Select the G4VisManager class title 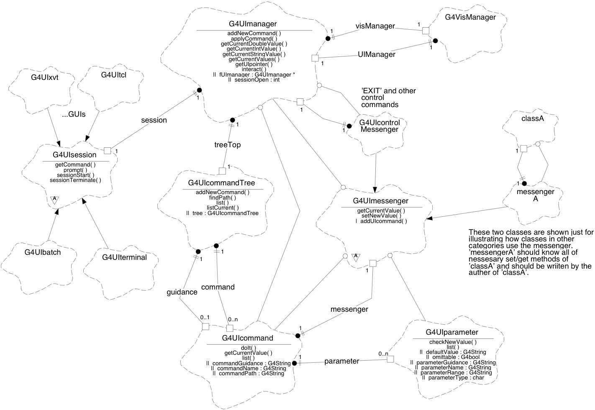pos(470,17)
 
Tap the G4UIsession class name pos(74,155)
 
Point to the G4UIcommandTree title pos(221,183)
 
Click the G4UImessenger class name pos(380,201)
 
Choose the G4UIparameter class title pos(452,332)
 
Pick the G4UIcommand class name pos(247,338)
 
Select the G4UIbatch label pos(43,252)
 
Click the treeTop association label pos(227,145)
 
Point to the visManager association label pos(375,26)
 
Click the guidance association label pos(182,292)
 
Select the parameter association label pos(341,361)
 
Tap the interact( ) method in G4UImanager pos(254,69)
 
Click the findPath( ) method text pos(223,197)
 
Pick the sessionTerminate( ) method pos(75,180)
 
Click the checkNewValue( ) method pos(453,342)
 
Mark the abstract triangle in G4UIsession pos(54,200)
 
